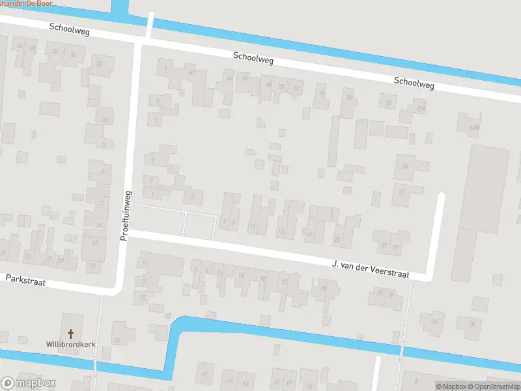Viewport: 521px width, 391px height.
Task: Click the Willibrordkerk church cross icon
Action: click(x=70, y=333)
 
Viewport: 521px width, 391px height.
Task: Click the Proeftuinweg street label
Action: click(x=126, y=216)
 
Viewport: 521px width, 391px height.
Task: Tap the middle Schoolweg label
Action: click(x=253, y=58)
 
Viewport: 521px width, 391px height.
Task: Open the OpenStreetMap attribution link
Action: click(x=492, y=386)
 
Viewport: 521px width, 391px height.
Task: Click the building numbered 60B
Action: click(x=473, y=128)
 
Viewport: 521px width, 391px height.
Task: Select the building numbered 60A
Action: click(x=421, y=108)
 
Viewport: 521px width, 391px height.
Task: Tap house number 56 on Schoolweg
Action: click(x=350, y=98)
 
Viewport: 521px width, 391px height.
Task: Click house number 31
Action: click(x=402, y=192)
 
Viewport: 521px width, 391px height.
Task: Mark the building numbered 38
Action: click(x=99, y=63)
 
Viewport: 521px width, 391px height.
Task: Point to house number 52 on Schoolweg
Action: click(x=296, y=88)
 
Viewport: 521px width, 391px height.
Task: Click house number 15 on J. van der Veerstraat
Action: click(x=281, y=231)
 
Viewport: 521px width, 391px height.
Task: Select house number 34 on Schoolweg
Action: click(x=73, y=55)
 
